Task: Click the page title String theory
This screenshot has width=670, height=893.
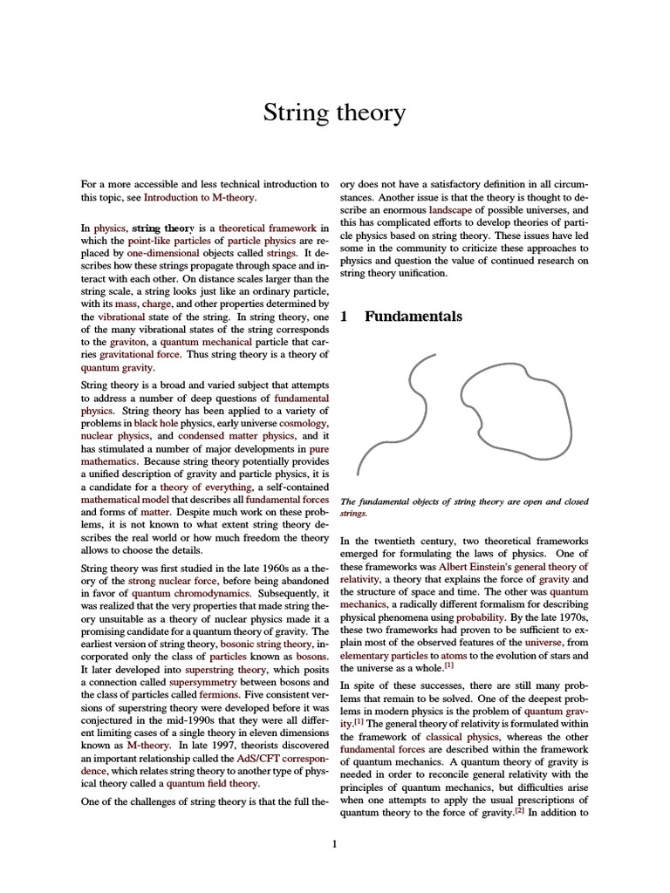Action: click(x=335, y=112)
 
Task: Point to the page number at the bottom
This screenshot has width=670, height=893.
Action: click(x=335, y=843)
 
